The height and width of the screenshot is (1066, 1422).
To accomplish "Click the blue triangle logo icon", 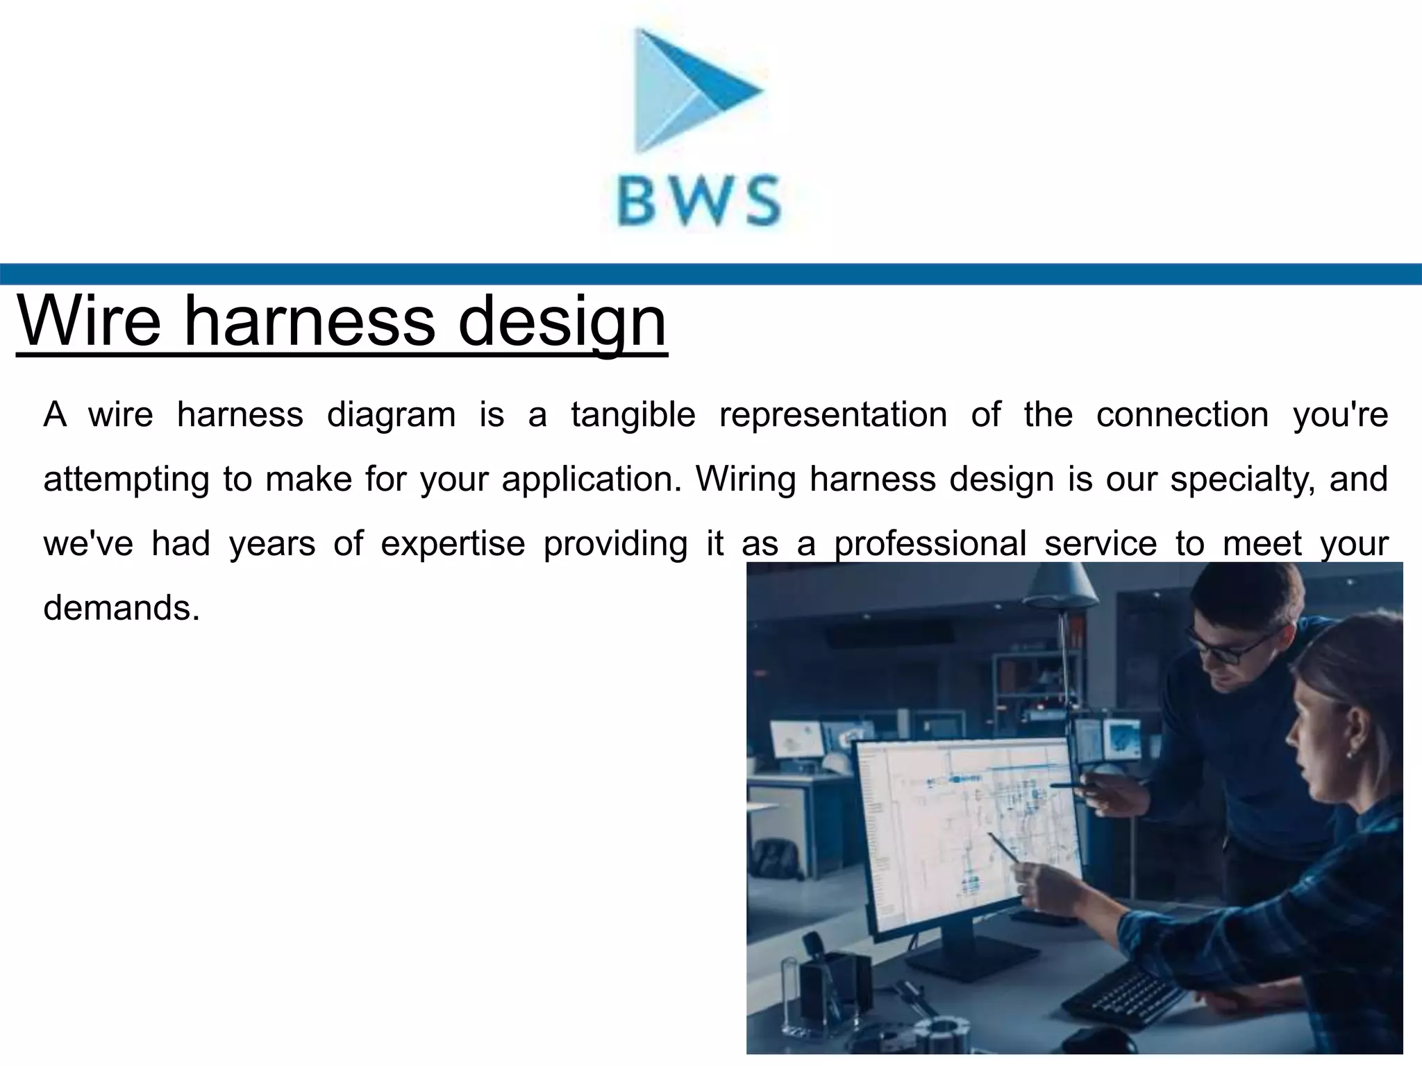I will (687, 90).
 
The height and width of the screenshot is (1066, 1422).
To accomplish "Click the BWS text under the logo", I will (699, 201).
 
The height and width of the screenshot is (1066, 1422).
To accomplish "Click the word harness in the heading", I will (308, 321).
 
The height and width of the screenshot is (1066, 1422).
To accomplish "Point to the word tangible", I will (633, 415).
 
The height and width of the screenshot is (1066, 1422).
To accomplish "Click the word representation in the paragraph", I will (833, 415).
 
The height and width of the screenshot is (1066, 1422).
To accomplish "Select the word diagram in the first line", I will (391, 415).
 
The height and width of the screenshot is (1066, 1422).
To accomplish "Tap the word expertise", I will (453, 543).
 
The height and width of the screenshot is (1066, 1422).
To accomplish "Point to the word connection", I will (1182, 415).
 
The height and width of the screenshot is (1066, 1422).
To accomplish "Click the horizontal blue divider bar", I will (711, 274).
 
